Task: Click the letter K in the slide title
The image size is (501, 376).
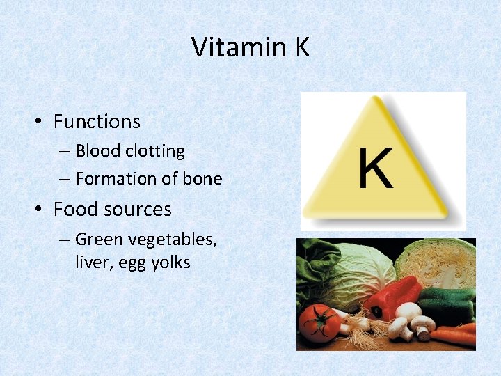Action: [x=301, y=47]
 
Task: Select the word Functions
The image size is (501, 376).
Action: [x=97, y=121]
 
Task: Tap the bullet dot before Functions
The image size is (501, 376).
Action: [x=40, y=122]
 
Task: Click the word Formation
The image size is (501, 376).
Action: [x=116, y=179]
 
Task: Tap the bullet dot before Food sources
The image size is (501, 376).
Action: [x=40, y=210]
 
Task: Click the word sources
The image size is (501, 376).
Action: [x=141, y=210]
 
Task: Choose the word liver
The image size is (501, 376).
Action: [x=90, y=263]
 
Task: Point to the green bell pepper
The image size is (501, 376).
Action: [x=445, y=303]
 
